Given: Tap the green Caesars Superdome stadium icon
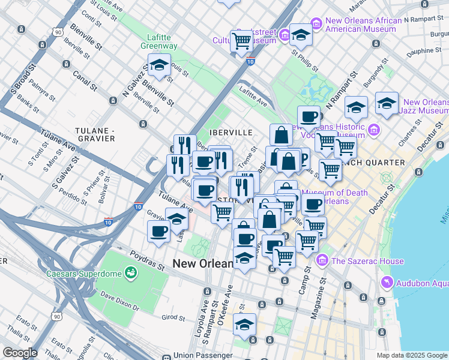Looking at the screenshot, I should point(130,274).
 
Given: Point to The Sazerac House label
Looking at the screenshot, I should point(367,261).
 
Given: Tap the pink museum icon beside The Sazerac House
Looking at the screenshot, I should point(323,261).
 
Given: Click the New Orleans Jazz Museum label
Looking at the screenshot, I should point(426,107).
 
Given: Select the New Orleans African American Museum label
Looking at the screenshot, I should point(363,25).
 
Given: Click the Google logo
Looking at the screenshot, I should point(20,353).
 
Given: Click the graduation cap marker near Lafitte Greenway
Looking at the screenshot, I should point(159,65).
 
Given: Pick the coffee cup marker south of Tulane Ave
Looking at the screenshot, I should point(159,230).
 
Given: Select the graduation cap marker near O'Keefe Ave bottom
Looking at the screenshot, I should point(244,325).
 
